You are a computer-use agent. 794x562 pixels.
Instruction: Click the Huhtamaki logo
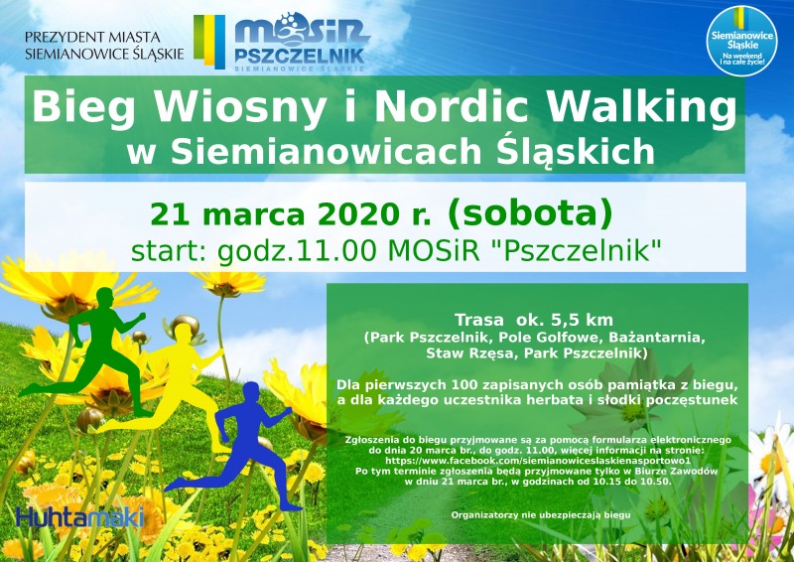(x=80, y=517)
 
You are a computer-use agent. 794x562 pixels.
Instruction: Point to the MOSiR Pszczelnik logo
(x=302, y=42)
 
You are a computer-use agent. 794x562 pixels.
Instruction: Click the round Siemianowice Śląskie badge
(x=741, y=41)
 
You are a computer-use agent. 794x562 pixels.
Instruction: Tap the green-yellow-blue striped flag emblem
(x=209, y=41)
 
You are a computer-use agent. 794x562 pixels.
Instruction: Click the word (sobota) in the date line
(x=530, y=213)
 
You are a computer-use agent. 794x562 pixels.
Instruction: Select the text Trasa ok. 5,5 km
(x=534, y=321)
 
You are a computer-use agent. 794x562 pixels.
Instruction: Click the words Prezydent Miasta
(x=92, y=37)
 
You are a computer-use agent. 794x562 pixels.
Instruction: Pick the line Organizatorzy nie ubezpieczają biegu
(x=541, y=515)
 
